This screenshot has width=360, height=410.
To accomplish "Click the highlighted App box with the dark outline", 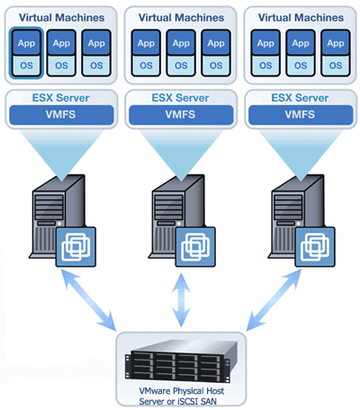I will coord(26,41).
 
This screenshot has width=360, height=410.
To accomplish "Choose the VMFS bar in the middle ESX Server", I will coord(180,114).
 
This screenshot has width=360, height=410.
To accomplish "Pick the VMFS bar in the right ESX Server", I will coord(301,114).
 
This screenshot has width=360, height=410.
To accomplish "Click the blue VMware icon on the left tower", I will coord(76,246).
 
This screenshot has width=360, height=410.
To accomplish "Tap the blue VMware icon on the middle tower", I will coord(196,246).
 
